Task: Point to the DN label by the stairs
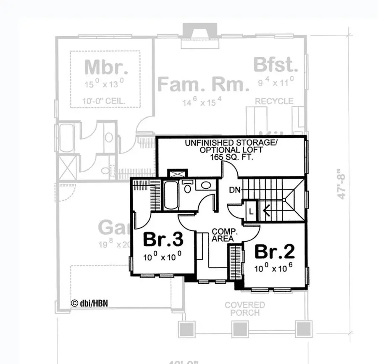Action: [235, 190]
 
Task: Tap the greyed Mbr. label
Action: [105, 67]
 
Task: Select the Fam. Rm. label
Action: [203, 84]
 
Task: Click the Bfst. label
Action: [276, 66]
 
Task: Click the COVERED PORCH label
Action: [244, 309]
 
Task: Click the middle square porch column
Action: [239, 328]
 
